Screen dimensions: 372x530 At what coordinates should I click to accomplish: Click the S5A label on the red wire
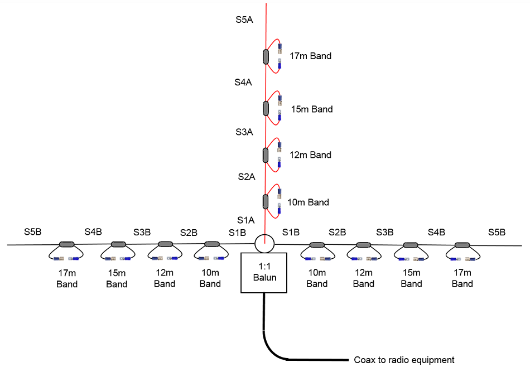(244, 20)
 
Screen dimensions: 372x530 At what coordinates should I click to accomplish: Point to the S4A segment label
(243, 82)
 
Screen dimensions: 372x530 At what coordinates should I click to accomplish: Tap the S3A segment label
(244, 132)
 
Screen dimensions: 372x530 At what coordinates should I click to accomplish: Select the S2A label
(245, 177)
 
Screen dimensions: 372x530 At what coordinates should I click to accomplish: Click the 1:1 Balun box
(263, 272)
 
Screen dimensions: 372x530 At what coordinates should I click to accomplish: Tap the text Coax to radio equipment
(404, 360)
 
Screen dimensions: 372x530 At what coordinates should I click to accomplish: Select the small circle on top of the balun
(264, 243)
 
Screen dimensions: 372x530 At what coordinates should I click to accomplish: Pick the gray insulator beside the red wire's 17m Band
(266, 57)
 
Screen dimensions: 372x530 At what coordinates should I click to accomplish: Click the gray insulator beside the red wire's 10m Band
(266, 201)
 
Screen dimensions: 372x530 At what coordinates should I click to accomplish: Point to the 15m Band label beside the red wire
(312, 109)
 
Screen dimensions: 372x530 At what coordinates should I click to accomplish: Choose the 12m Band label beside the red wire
(311, 155)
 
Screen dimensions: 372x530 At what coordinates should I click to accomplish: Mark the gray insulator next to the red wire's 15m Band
(266, 108)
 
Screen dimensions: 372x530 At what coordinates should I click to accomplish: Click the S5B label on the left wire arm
(33, 231)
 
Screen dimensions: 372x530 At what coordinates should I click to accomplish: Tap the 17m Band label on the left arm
(67, 278)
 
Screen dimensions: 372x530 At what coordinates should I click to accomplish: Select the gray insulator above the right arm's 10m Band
(317, 244)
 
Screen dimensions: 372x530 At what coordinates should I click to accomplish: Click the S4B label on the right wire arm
(436, 231)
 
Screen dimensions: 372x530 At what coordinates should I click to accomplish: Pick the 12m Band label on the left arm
(165, 278)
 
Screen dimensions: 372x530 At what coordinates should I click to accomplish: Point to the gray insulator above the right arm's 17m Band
(461, 244)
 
